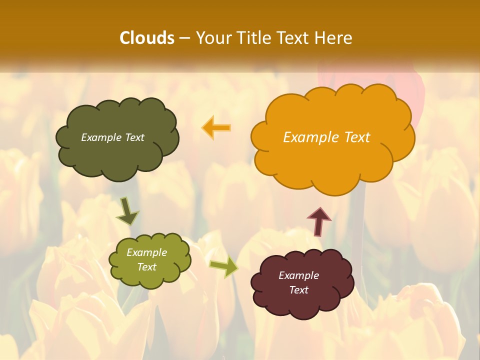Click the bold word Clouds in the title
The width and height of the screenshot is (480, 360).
[147, 38]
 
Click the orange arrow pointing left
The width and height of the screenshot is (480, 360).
[216, 127]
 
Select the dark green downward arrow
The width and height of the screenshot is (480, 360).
[127, 211]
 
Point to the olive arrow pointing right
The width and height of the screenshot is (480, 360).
[223, 267]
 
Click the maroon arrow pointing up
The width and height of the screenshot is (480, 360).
[319, 220]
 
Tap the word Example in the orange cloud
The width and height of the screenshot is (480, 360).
[310, 137]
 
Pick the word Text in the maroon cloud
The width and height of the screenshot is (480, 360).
[298, 290]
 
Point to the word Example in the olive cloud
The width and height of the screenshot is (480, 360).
[146, 252]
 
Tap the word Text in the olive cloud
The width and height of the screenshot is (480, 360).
[146, 267]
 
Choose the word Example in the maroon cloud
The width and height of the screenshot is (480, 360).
[298, 275]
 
